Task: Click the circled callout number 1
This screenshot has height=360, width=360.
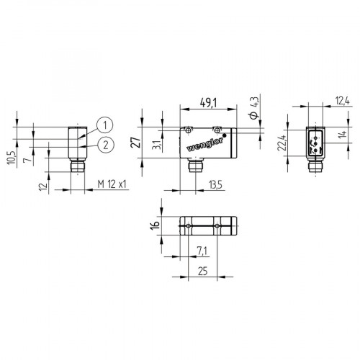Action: [x=106, y=125]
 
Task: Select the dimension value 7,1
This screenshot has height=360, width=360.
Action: [x=202, y=249]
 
